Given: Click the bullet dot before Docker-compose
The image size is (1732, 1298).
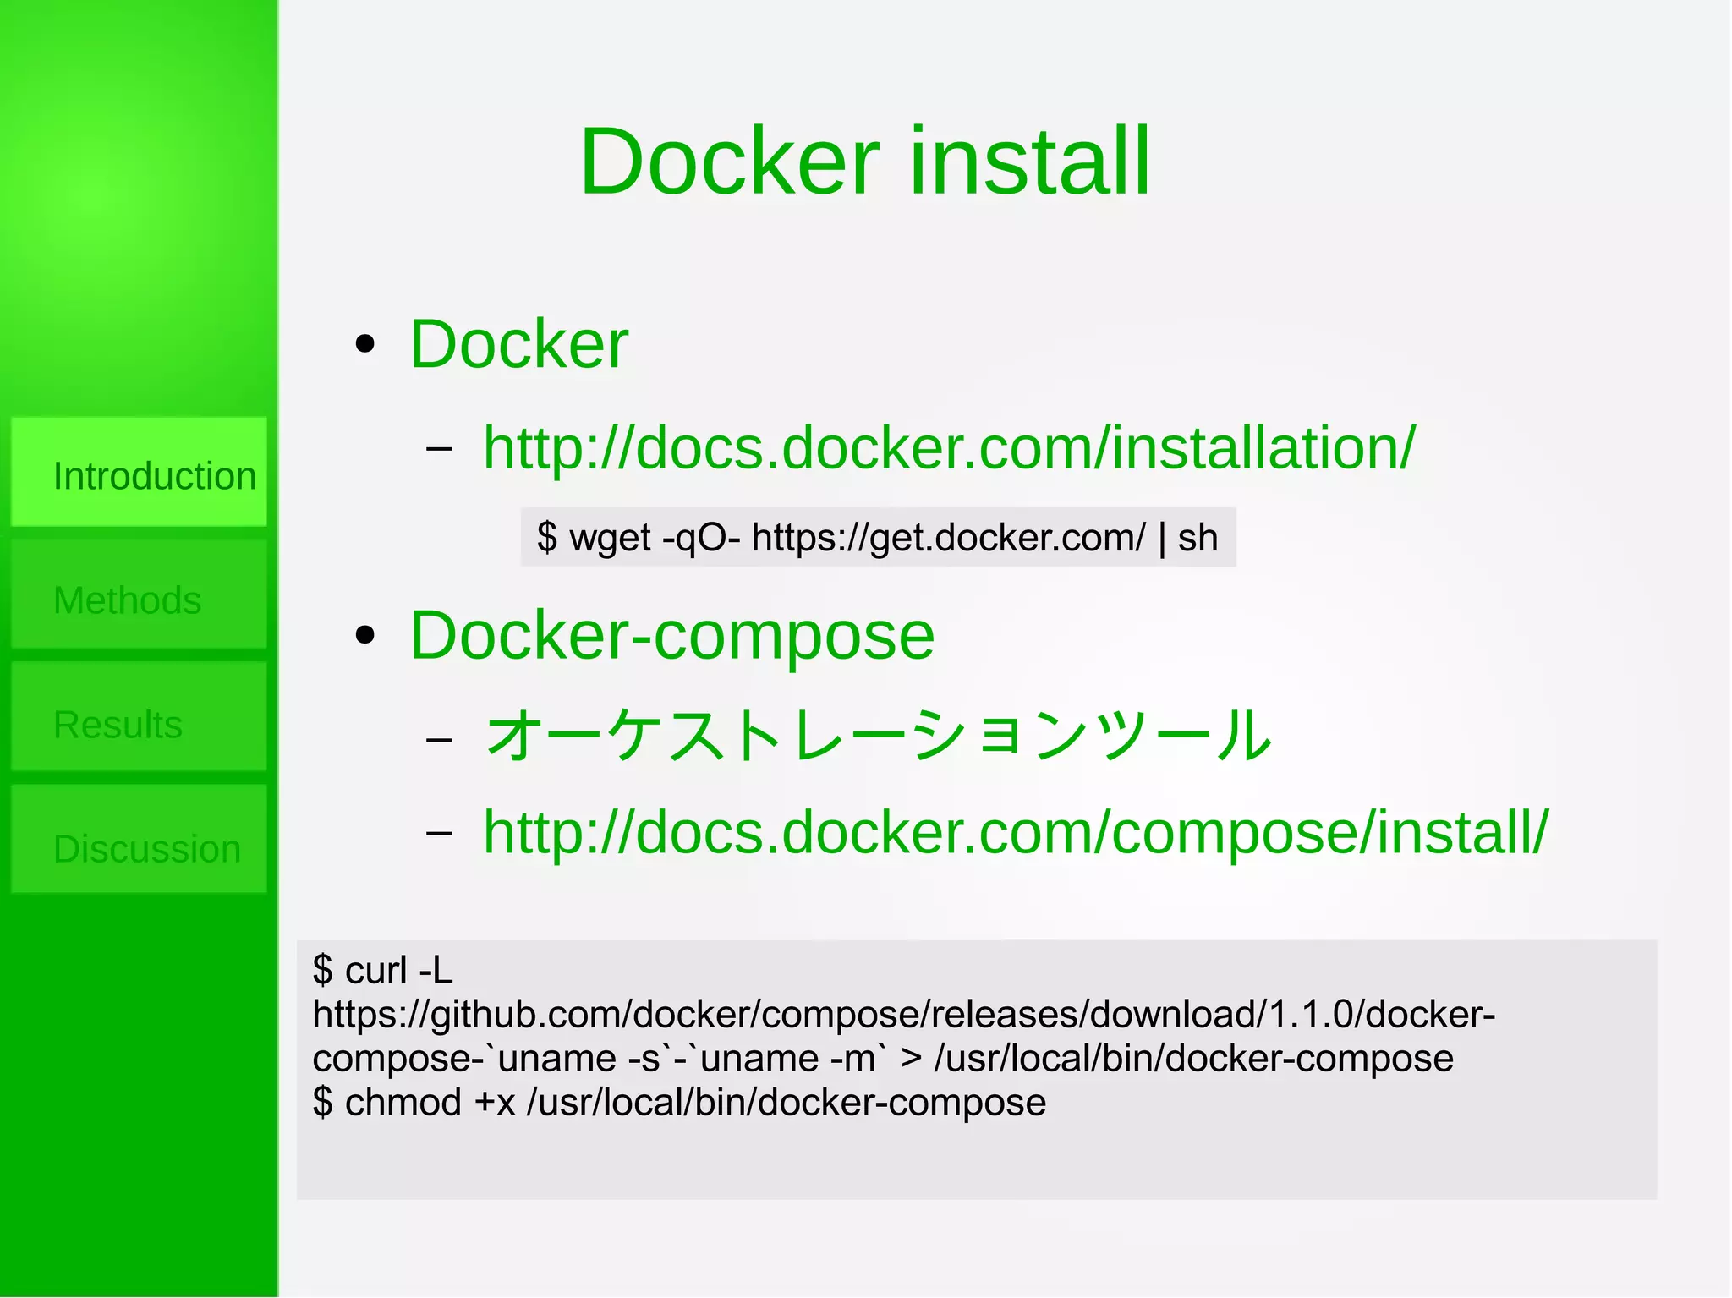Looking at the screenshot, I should click(365, 636).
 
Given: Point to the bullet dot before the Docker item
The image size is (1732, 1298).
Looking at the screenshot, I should click(365, 344).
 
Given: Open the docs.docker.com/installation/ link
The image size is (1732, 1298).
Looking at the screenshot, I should click(948, 447).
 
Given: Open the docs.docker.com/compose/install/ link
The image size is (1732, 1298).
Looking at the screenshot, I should click(1015, 832).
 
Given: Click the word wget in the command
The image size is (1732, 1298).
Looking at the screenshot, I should click(610, 539).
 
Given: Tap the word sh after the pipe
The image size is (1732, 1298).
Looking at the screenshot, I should click(1198, 538).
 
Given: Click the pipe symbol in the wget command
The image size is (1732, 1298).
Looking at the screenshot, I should click(1162, 538).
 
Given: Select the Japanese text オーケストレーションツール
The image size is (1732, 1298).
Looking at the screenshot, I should click(879, 734).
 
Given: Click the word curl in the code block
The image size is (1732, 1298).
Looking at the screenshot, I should click(376, 970).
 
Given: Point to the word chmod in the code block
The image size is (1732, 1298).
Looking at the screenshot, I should click(403, 1102).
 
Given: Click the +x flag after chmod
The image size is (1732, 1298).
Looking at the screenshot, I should click(495, 1103).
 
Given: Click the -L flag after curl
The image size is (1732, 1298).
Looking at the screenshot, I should click(436, 970).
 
